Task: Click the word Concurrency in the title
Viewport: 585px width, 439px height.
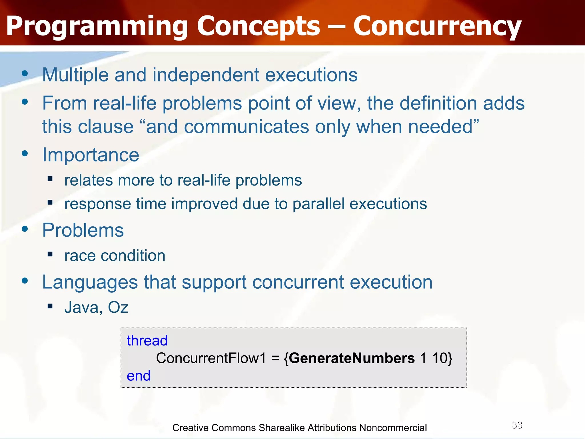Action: pyautogui.click(x=437, y=26)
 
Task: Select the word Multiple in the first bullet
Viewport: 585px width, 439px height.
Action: pyautogui.click(x=75, y=75)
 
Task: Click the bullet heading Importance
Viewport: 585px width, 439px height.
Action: pyautogui.click(x=91, y=155)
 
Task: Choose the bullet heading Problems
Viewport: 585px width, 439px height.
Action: pyautogui.click(x=83, y=230)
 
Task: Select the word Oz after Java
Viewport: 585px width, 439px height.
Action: pyautogui.click(x=118, y=308)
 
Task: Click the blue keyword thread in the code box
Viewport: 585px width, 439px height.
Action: pyautogui.click(x=147, y=341)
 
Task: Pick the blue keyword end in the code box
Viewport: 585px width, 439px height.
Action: pyautogui.click(x=139, y=376)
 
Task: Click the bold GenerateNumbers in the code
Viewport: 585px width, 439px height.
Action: pyautogui.click(x=352, y=358)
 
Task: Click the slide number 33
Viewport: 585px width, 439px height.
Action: pyautogui.click(x=517, y=425)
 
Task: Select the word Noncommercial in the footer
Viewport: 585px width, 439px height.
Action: pyautogui.click(x=393, y=428)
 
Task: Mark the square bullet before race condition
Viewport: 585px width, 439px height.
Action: pyautogui.click(x=50, y=254)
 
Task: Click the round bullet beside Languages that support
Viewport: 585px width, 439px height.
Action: pyautogui.click(x=25, y=281)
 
